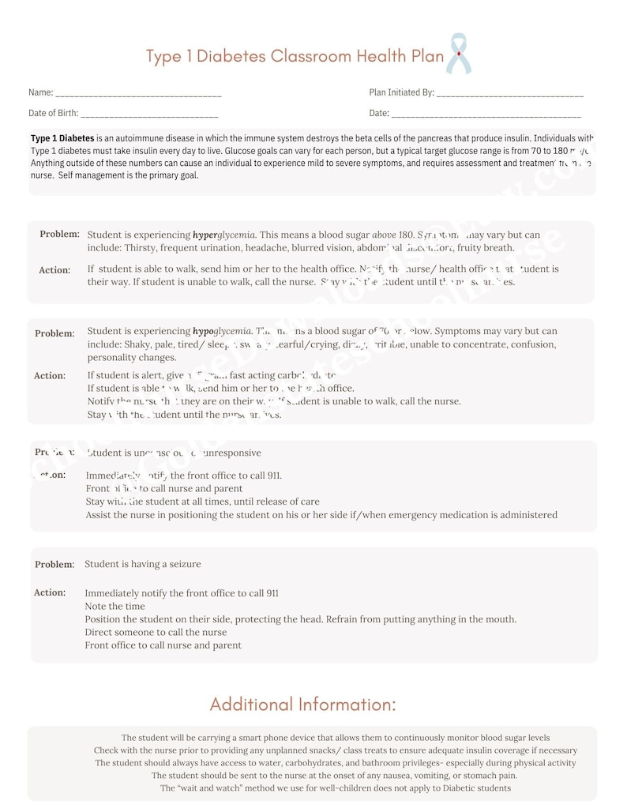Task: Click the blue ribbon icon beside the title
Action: pyautogui.click(x=458, y=54)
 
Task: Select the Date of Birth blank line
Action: pyautogui.click(x=149, y=115)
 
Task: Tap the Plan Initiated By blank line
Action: pyautogui.click(x=509, y=94)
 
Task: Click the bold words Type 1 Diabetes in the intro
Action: pyautogui.click(x=62, y=137)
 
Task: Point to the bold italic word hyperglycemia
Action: pyautogui.click(x=224, y=235)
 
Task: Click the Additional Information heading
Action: pyautogui.click(x=302, y=704)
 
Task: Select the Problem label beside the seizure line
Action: pyautogui.click(x=54, y=565)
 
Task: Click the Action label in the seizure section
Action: pyautogui.click(x=50, y=592)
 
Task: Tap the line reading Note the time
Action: pyautogui.click(x=115, y=606)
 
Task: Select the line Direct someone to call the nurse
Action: pyautogui.click(x=156, y=632)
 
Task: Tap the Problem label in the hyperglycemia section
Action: pyautogui.click(x=59, y=234)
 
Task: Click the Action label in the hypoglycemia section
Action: pyautogui.click(x=50, y=376)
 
